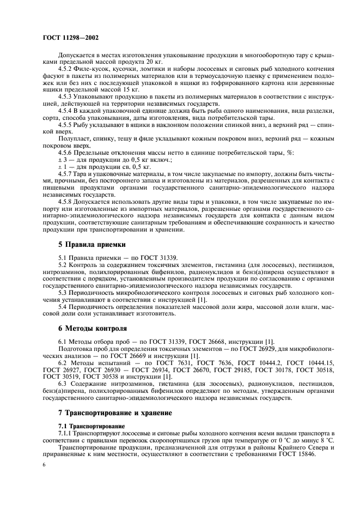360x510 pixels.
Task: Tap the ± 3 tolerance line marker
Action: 62,159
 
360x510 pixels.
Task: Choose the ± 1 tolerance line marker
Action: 62,166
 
